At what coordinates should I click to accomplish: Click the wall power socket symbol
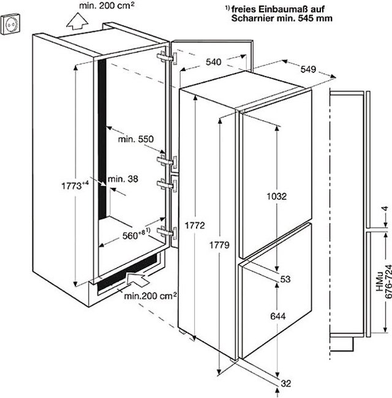[x=10, y=24]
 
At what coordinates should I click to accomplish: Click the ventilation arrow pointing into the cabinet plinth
[x=137, y=280]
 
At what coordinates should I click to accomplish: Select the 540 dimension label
[x=214, y=62]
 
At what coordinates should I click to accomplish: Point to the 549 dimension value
[x=308, y=69]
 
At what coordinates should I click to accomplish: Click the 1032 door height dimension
[x=277, y=196]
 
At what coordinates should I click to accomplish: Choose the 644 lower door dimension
[x=277, y=316]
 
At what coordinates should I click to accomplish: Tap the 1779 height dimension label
[x=219, y=245]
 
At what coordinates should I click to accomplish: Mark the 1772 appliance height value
[x=195, y=225]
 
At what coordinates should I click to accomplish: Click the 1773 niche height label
[x=75, y=186]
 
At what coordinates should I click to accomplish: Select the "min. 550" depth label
[x=136, y=139]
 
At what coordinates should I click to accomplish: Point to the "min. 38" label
[x=123, y=179]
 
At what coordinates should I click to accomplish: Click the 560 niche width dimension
[x=137, y=235]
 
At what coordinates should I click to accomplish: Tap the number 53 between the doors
[x=285, y=279]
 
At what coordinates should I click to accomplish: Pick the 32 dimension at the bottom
[x=285, y=383]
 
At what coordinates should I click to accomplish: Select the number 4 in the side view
[x=385, y=209]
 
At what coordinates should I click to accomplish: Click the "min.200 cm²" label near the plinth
[x=150, y=296]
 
